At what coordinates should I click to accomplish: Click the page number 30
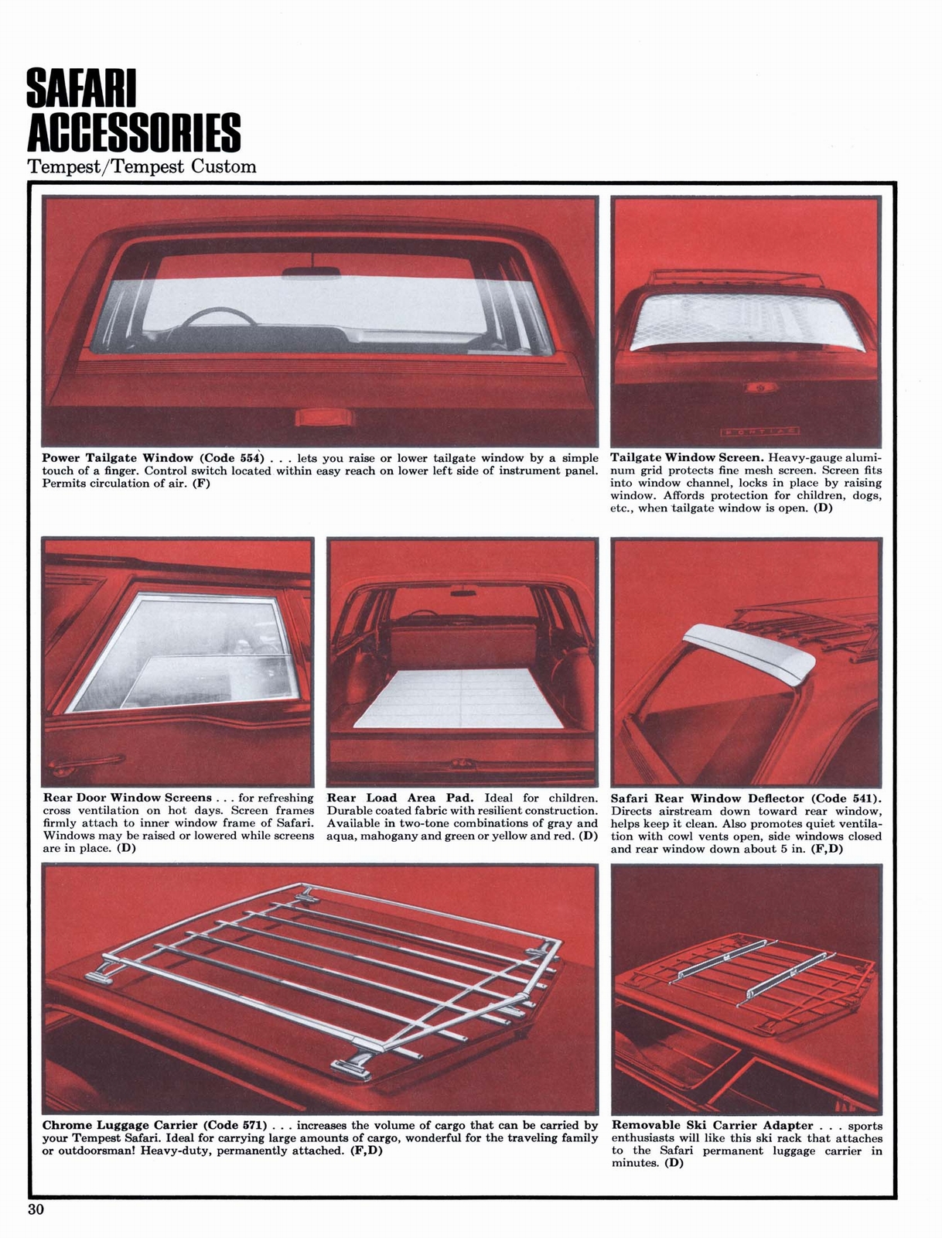click(x=37, y=1209)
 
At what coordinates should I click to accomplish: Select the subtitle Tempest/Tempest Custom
click(x=142, y=166)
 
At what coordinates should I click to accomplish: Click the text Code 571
click(x=237, y=1125)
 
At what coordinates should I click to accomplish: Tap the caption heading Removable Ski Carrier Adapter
click(x=712, y=1125)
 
